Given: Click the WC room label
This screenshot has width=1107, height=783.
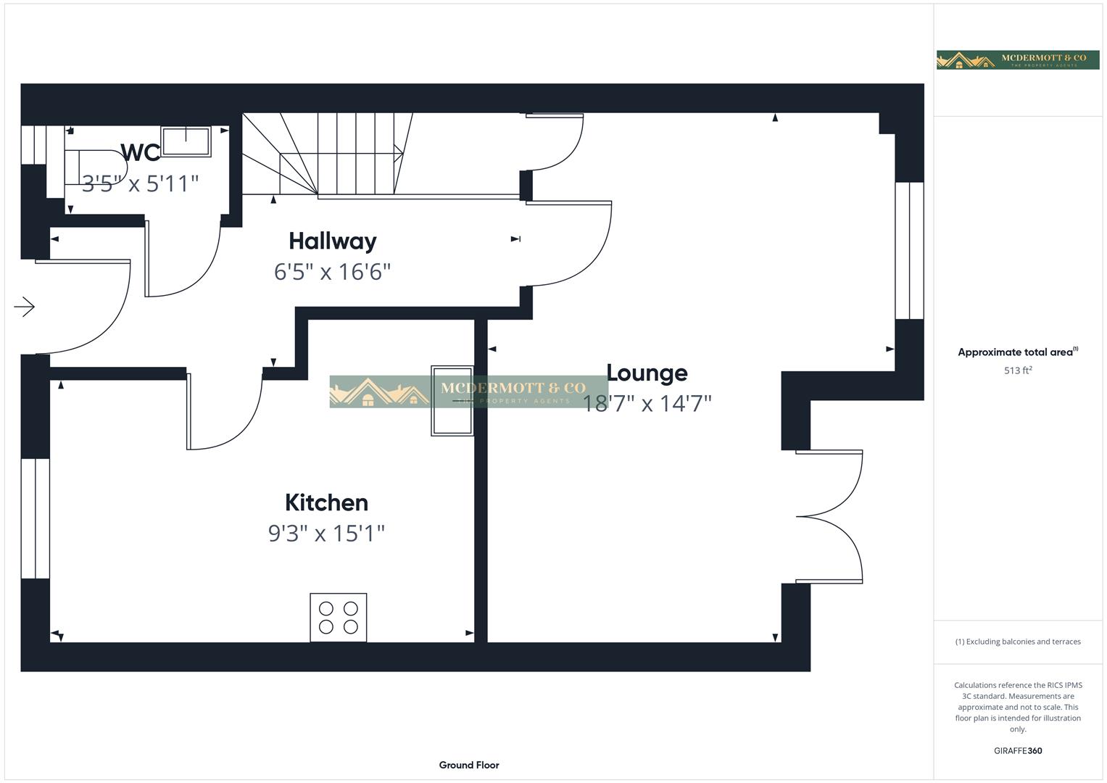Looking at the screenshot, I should click(140, 152).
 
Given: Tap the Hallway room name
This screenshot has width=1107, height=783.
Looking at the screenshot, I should click(332, 241).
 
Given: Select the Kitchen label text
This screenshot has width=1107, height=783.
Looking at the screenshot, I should click(326, 502).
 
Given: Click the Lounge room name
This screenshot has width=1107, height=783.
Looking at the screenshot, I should click(647, 373).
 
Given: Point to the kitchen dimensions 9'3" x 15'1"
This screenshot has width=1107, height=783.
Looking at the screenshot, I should click(326, 534).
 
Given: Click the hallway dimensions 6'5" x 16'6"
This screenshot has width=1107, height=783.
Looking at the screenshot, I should click(332, 272).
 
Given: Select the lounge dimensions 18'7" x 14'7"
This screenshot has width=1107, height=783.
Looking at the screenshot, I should click(647, 404).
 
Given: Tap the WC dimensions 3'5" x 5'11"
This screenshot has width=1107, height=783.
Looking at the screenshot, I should click(140, 183).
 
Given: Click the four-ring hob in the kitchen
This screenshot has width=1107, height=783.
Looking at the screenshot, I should click(339, 617).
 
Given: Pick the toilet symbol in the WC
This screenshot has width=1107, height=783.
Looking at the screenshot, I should click(94, 167).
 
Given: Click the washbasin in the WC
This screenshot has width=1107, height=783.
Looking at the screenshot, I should click(186, 141).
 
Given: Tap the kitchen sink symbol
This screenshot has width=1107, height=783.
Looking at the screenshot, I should click(452, 401).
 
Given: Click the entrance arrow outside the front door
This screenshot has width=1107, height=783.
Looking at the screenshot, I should click(25, 307).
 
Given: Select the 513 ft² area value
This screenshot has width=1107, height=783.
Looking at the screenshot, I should click(1018, 370).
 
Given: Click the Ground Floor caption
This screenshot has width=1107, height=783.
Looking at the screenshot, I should click(469, 765).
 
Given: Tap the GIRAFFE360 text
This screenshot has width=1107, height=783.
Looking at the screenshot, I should click(1018, 751).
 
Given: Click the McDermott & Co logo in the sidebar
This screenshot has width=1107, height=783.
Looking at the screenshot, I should click(1018, 60).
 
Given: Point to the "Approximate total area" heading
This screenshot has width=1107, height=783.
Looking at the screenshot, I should click(1015, 352).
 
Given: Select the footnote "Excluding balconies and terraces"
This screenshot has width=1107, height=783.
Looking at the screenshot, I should click(1018, 642).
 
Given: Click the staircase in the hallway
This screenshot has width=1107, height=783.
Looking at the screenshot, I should click(326, 154).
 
